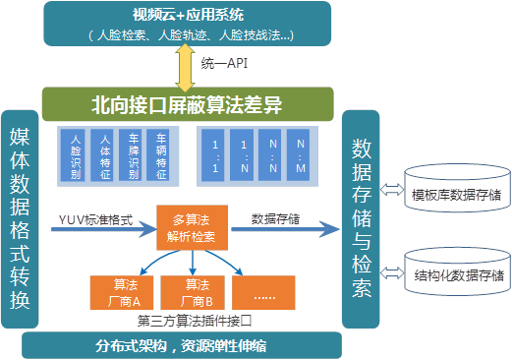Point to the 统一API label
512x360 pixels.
click(227, 64)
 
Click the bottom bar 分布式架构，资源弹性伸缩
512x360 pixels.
click(182, 320)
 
